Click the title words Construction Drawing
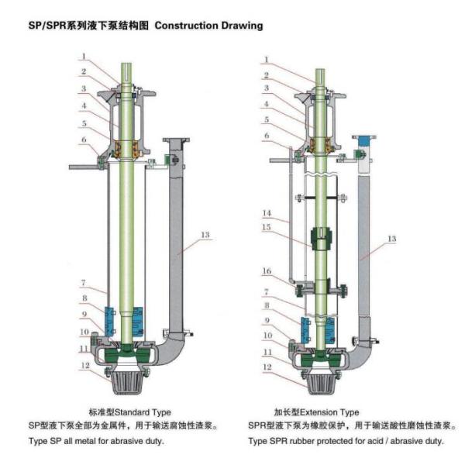(209, 26)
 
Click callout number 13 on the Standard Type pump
(205, 234)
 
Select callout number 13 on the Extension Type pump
(391, 239)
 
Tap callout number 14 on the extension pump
(267, 212)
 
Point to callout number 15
(267, 228)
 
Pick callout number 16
(267, 271)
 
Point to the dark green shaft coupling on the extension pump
(319, 239)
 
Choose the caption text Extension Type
(331, 412)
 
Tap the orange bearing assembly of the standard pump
(127, 146)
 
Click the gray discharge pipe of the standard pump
(175, 248)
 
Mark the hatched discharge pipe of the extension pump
(362, 248)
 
